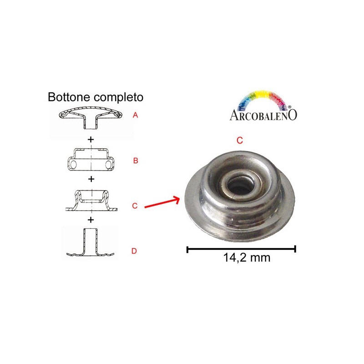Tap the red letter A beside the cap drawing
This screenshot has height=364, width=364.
point(135,115)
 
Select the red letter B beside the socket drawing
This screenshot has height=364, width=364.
point(136,161)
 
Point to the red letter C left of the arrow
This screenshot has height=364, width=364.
point(135,206)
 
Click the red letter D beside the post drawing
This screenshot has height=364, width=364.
point(134,251)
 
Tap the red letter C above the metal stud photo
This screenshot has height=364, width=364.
point(240,140)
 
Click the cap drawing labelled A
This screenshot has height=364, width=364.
point(90,118)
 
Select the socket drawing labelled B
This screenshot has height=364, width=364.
point(91,160)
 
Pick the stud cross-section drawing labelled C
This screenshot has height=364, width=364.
point(91,201)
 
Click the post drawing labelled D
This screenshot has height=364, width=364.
point(90,243)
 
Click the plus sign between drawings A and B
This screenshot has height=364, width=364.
point(91,140)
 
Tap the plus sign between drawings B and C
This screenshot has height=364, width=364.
point(91,179)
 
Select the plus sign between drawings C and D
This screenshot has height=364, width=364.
point(91,220)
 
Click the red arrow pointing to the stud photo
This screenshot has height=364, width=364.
point(162,202)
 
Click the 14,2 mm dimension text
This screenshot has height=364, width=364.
point(247,258)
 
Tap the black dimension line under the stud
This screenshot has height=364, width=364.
point(241,249)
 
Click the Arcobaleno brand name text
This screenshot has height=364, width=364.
point(263,115)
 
